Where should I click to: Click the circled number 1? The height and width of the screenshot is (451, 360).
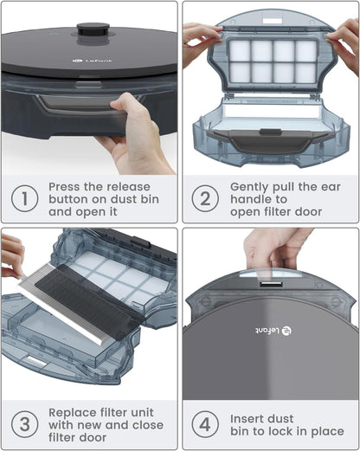click(x=24, y=199)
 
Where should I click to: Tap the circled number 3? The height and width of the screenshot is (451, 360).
click(x=24, y=425)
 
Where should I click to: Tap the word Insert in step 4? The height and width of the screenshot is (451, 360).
click(x=249, y=419)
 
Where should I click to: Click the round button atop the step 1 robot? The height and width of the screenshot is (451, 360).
click(x=93, y=29)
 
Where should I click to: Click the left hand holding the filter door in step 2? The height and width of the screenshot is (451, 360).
click(x=199, y=39)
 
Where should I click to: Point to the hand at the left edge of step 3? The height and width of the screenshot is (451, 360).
click(x=11, y=254)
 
